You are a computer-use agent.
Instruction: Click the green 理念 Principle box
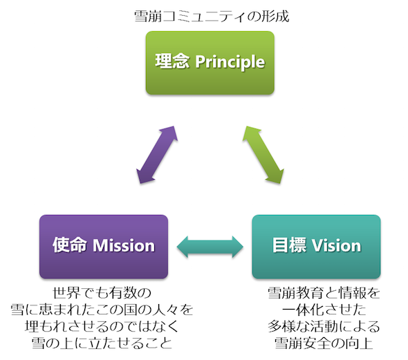pos(210,63)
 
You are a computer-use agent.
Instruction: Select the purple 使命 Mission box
pos(104,247)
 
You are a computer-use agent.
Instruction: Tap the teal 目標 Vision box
pos(317,247)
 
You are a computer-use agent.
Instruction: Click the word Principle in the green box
pos(230,62)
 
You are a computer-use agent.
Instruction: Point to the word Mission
pos(124,245)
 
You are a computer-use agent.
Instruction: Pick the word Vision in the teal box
pos(337,245)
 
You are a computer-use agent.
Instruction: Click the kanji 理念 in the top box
pos(172,61)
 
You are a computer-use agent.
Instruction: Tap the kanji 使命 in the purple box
pos(69,245)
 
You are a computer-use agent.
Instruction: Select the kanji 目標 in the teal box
pos(289,245)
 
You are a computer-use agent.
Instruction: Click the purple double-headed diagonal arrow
pos(157,155)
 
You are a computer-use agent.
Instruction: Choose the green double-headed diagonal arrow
pos(263,155)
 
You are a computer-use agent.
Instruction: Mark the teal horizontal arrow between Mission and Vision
pos(210,247)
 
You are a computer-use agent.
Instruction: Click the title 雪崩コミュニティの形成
pos(212,17)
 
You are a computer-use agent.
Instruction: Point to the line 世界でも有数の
pos(102,293)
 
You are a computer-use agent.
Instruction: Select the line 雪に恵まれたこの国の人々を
pos(102,310)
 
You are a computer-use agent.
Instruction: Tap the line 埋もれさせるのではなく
pos(102,326)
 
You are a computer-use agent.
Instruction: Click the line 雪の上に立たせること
pos(102,343)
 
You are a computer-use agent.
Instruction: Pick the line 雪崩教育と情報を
pos(324,293)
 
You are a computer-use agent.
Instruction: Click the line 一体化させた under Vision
pos(324,310)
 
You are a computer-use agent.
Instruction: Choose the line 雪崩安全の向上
pos(324,343)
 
